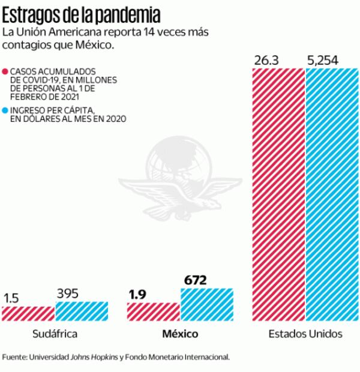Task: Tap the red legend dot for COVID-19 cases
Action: tap(5, 71)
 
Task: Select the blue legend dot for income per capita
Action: tap(5, 110)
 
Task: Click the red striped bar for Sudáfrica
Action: tap(28, 313)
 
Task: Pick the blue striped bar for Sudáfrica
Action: tap(82, 311)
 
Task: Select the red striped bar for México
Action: tap(153, 311)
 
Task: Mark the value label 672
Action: tap(195, 280)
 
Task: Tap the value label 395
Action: tap(68, 293)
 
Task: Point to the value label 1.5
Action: tap(13, 298)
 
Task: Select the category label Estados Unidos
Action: tap(305, 334)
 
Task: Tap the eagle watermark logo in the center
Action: tap(180, 180)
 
